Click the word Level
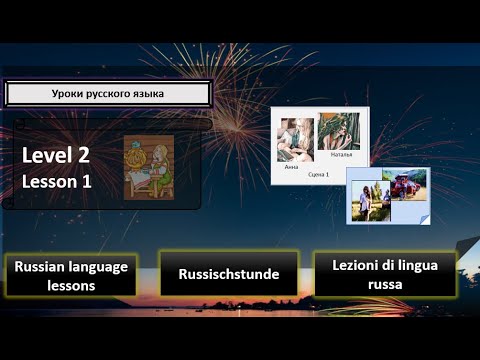[49, 155]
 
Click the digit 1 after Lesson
[100, 181]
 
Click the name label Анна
[291, 166]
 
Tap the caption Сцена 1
[319, 174]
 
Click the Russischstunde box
[229, 274]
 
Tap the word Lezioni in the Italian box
[347, 265]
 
